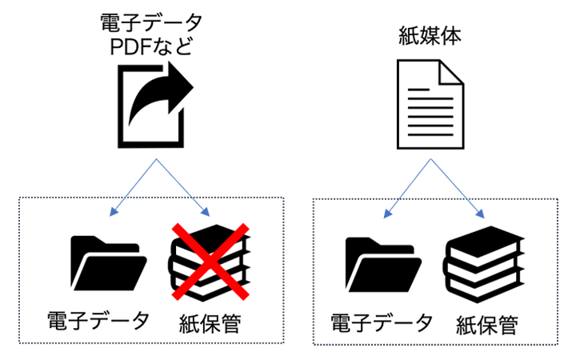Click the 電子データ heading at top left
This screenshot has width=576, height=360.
pos(151,22)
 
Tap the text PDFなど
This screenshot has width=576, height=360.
pos(151,46)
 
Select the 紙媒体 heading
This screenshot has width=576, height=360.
pos(430,36)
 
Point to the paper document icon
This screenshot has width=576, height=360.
pos(430,104)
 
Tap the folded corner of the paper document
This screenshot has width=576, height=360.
pos(452,73)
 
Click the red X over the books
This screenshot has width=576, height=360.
pos(211,262)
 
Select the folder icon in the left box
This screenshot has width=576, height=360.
pos(109,263)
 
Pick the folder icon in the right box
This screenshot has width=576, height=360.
pos(383,265)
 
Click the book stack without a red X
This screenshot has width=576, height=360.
pos(484,264)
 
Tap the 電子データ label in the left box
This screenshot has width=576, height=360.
pos(98,320)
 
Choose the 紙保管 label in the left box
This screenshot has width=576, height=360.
pos(210,323)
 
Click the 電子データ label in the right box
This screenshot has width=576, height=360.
pos(382,322)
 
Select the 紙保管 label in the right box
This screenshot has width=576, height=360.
pos(487,325)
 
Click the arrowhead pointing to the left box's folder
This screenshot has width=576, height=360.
pos(113,212)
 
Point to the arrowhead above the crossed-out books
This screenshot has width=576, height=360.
pos(206,212)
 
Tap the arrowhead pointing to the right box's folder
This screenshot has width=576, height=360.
pos(387,214)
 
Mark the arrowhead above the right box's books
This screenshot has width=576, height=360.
pos(481,214)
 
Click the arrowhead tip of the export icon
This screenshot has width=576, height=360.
pos(194,87)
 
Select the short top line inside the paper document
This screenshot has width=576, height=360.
pos(418,90)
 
